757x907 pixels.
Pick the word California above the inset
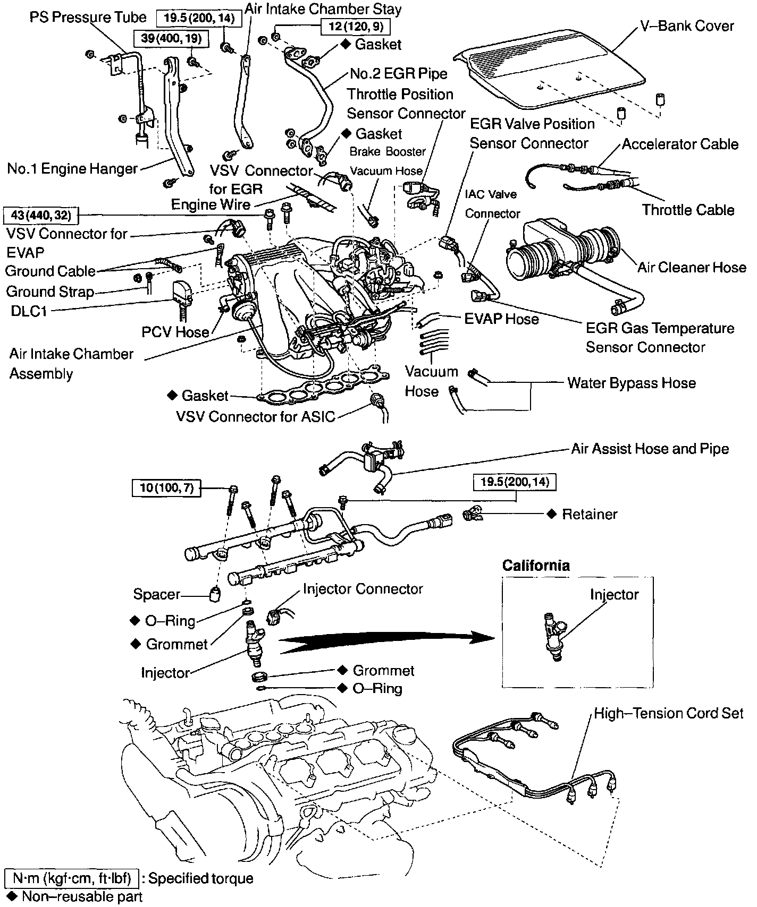[536, 566]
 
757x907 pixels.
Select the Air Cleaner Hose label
[692, 267]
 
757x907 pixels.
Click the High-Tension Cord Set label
[668, 713]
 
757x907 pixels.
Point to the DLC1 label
[29, 311]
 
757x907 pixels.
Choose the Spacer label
[157, 594]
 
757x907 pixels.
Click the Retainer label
[590, 514]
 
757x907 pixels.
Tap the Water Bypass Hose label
[631, 383]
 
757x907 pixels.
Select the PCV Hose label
[175, 332]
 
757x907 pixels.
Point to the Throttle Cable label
[688, 210]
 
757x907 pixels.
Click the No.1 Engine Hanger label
[72, 169]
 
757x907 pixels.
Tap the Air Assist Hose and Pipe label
[650, 449]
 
